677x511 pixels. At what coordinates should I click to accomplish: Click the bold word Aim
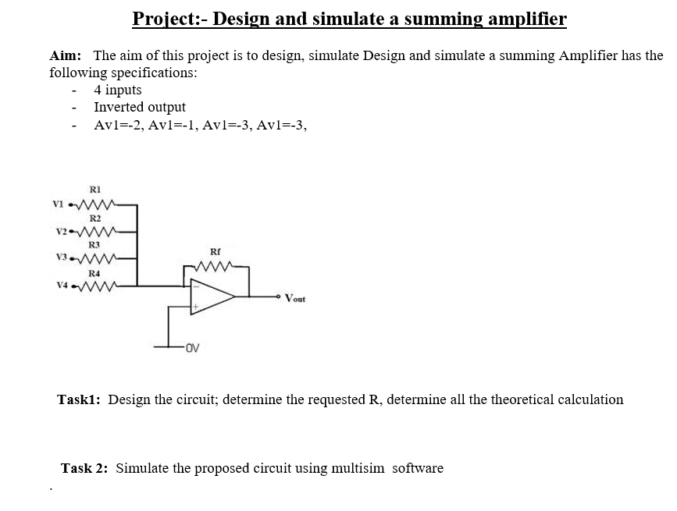pyautogui.click(x=66, y=56)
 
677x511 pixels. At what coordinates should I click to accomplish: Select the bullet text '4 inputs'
pyautogui.click(x=118, y=90)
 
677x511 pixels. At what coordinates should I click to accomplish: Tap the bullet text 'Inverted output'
pyautogui.click(x=140, y=107)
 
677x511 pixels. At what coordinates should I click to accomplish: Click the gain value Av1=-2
pyautogui.click(x=117, y=125)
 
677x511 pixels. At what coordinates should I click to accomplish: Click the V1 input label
pyautogui.click(x=58, y=205)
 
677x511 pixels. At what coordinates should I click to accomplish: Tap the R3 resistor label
pyautogui.click(x=94, y=245)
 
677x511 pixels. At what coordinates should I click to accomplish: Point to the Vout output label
pyautogui.click(x=296, y=297)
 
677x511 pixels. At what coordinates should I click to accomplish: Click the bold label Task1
pyautogui.click(x=79, y=399)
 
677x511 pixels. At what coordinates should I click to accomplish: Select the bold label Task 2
pyautogui.click(x=87, y=468)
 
